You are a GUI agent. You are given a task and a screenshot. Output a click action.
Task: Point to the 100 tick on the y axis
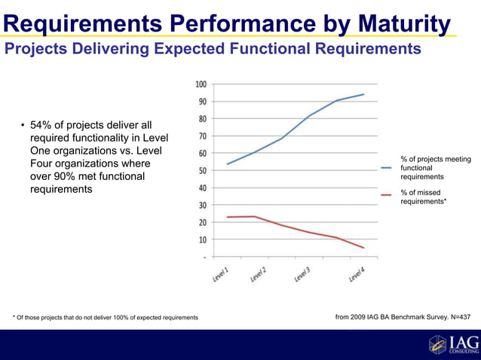201,84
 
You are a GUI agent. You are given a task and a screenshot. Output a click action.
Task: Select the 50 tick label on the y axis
202,170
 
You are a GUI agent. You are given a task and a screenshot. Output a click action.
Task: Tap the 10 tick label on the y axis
202,239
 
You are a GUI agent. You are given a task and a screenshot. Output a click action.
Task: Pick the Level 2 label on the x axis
259,274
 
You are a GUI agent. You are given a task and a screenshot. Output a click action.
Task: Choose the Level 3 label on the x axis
302,274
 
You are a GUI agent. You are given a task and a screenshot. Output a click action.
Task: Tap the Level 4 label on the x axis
357,274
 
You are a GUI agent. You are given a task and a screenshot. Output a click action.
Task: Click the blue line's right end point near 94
364,94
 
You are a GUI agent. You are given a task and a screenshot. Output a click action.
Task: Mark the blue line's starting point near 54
227,163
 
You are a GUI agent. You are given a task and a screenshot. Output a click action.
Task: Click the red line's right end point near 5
364,248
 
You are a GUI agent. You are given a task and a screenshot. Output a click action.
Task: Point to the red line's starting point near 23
227,217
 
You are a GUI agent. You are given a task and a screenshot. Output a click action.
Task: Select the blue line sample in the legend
387,168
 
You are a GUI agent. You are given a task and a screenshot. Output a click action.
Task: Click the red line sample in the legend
387,195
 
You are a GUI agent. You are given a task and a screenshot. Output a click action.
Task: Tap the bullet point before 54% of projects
23,125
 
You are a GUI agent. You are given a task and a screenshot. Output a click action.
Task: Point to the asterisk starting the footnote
14,317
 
